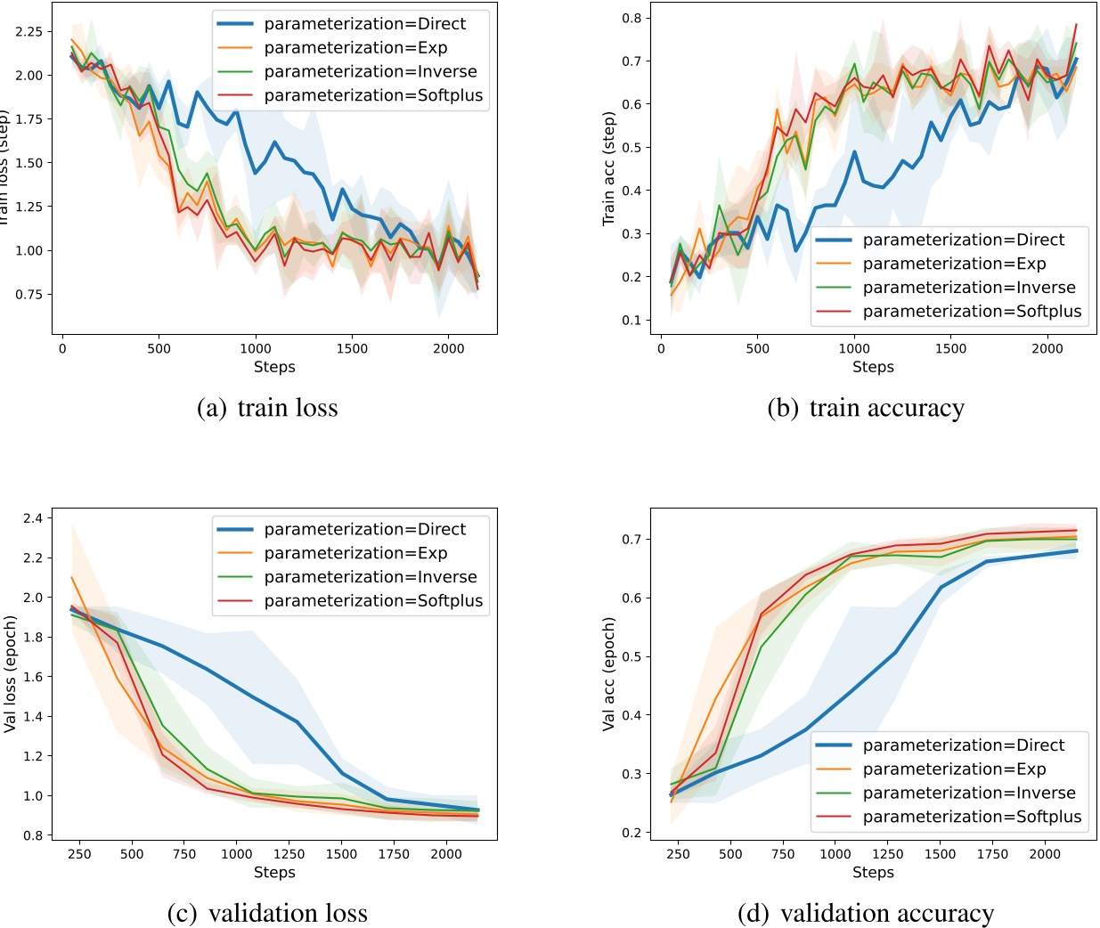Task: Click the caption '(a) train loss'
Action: tap(267, 408)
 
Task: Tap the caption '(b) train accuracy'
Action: tap(866, 408)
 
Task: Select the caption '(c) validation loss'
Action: tap(267, 913)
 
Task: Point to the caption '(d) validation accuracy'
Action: tap(866, 913)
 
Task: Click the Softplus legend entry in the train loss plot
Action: tap(373, 95)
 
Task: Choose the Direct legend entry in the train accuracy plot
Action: tap(964, 240)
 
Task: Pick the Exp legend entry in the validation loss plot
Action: tap(355, 553)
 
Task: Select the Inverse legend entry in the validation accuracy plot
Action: tap(969, 793)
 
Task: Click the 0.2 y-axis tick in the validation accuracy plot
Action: tap(633, 833)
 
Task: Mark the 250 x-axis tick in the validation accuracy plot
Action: tap(678, 854)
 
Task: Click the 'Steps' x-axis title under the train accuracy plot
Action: tap(873, 367)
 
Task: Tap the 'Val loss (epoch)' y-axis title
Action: tap(11, 674)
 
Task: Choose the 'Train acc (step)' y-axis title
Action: tap(609, 168)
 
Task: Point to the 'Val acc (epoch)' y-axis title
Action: tap(609, 674)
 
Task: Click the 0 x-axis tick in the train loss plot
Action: tap(62, 349)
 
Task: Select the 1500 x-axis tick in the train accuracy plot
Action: tap(950, 349)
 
